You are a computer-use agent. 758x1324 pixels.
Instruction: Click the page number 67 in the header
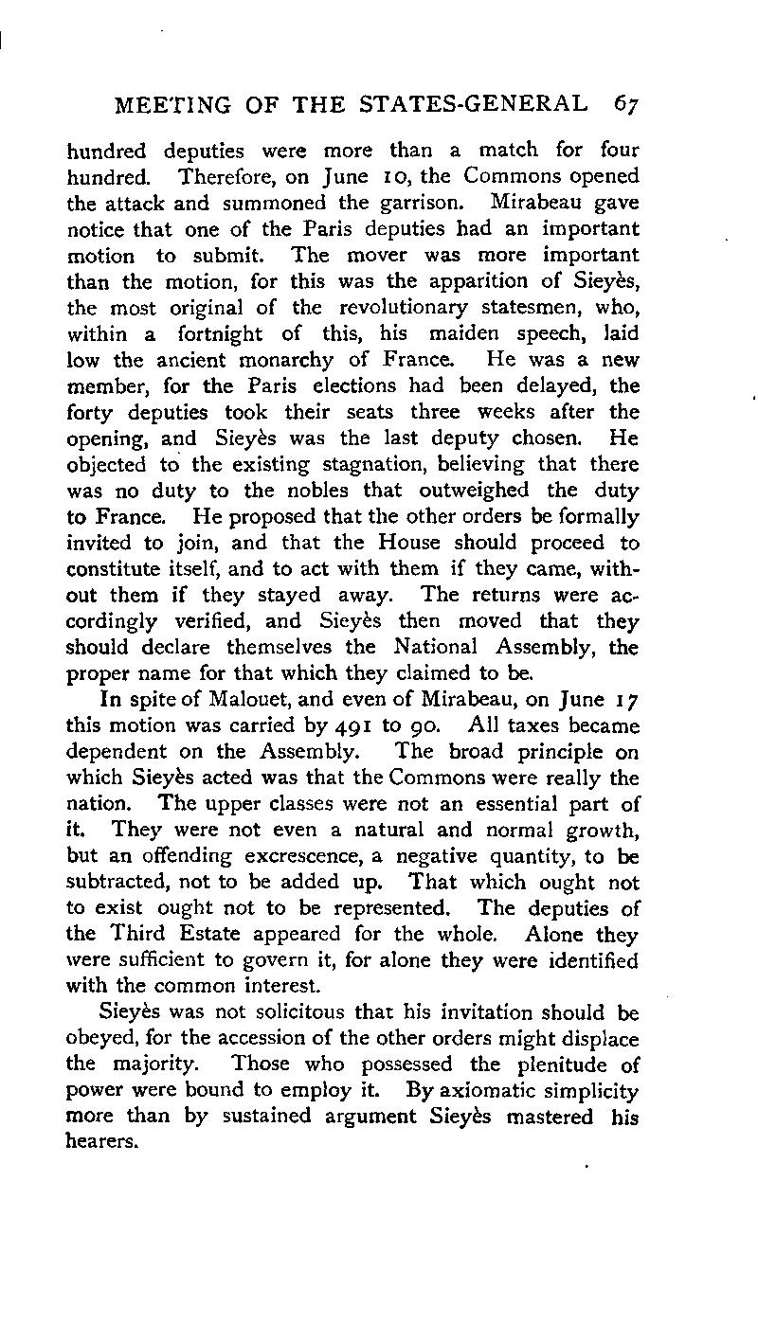tap(624, 103)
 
